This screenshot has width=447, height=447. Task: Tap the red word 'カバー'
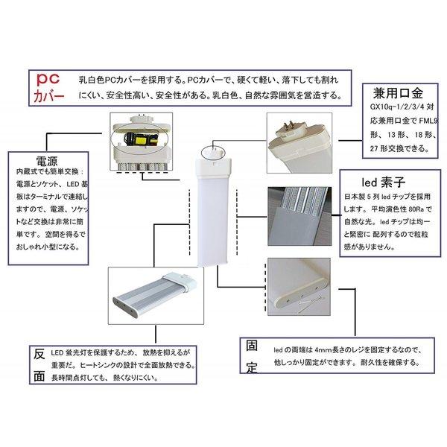click(49, 98)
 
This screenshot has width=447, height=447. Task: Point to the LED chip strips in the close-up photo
click(305, 209)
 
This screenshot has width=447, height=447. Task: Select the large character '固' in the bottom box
click(252, 346)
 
